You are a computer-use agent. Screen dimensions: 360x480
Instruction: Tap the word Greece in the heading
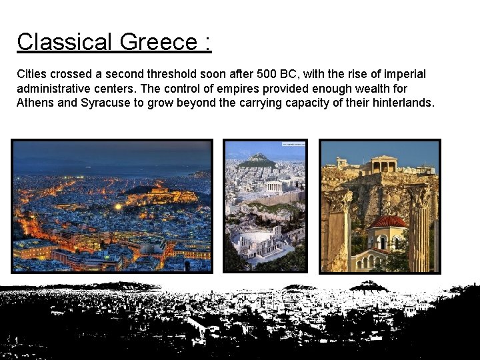(x=159, y=42)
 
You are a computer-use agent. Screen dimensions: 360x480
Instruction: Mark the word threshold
(x=164, y=74)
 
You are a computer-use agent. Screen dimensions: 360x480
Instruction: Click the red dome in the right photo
(x=387, y=222)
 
